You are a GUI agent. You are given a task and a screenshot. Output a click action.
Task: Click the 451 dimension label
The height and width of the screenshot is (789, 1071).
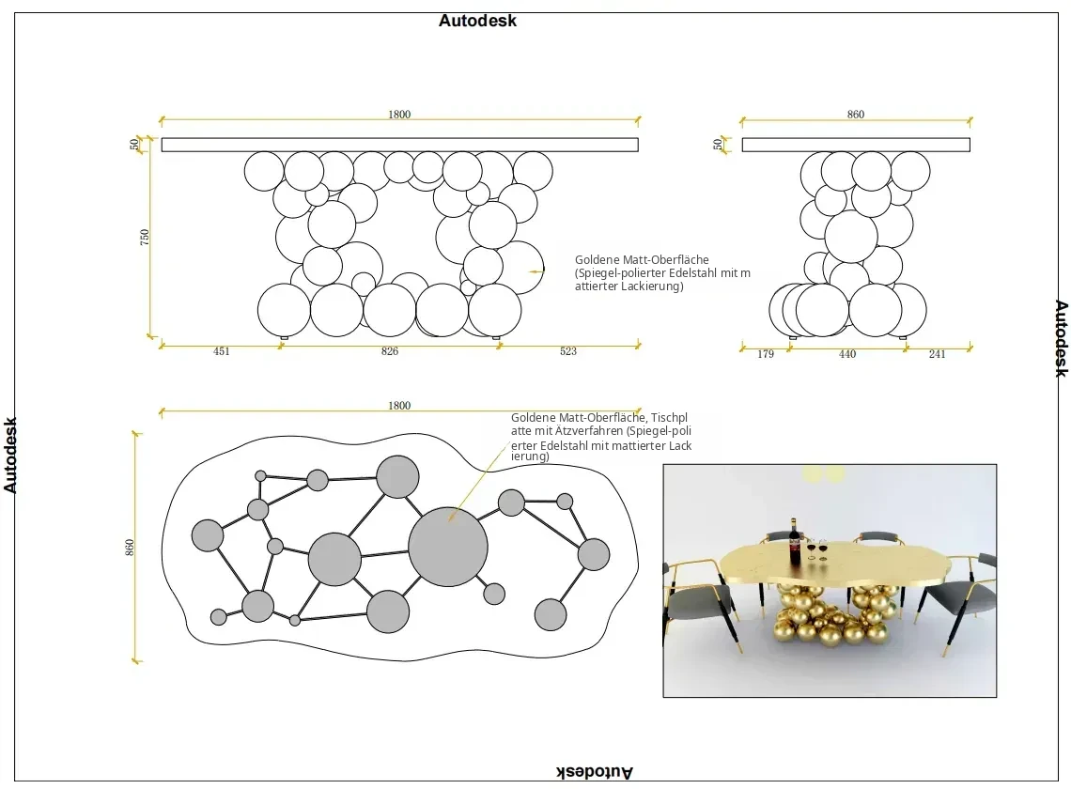pyautogui.click(x=222, y=351)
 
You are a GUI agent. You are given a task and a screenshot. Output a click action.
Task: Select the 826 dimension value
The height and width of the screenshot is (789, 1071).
pyautogui.click(x=389, y=351)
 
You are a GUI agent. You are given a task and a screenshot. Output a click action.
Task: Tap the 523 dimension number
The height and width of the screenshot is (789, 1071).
pyautogui.click(x=568, y=351)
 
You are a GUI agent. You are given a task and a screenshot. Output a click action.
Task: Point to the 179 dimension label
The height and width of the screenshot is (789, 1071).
pyautogui.click(x=766, y=354)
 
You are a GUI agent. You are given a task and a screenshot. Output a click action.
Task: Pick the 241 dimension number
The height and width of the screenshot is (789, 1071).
pyautogui.click(x=938, y=354)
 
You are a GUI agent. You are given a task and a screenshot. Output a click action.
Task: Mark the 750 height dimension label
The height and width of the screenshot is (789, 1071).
pyautogui.click(x=144, y=238)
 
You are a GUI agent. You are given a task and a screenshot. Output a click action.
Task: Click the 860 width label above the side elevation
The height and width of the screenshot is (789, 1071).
pyautogui.click(x=856, y=115)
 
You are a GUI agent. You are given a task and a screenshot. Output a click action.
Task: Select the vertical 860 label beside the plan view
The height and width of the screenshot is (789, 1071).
pyautogui.click(x=130, y=548)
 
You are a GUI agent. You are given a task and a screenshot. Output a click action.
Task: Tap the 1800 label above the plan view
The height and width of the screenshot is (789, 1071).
pyautogui.click(x=399, y=406)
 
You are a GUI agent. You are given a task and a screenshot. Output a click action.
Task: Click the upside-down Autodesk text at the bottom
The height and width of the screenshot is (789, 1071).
pyautogui.click(x=595, y=772)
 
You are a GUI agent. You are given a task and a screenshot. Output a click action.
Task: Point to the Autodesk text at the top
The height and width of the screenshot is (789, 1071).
pyautogui.click(x=477, y=21)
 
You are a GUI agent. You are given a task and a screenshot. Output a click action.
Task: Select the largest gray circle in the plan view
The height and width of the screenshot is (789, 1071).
pyautogui.click(x=448, y=547)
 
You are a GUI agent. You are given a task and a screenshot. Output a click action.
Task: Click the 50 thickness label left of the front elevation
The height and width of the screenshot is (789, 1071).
pyautogui.click(x=134, y=144)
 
